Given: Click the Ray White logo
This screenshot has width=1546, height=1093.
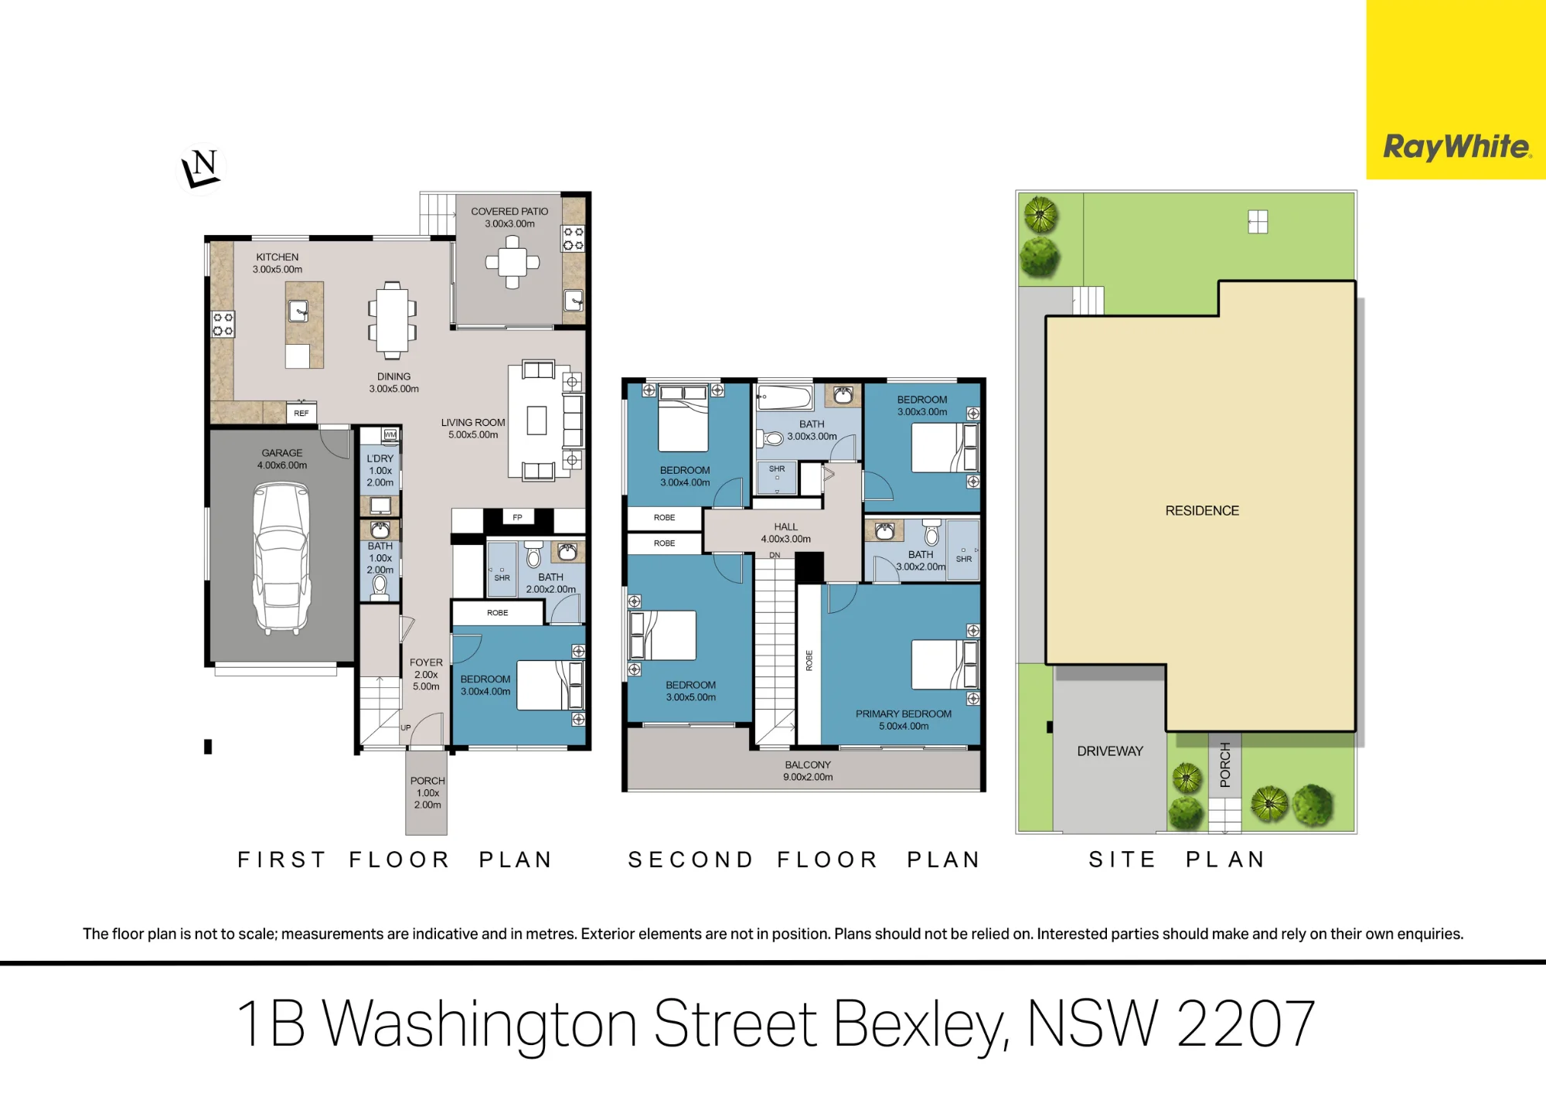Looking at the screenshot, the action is tap(1456, 146).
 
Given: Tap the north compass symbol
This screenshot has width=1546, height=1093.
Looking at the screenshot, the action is tap(201, 169).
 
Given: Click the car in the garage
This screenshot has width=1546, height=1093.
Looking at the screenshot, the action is tap(281, 558).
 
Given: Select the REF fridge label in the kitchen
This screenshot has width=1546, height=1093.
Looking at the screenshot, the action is tap(301, 413).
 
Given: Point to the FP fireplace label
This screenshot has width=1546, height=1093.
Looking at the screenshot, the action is tap(518, 517).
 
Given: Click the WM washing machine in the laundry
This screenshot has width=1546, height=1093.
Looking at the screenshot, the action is tap(390, 434).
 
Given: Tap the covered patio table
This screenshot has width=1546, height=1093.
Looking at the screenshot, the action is tap(512, 261).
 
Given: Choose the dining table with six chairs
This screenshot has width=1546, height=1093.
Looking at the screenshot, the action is tap(392, 320).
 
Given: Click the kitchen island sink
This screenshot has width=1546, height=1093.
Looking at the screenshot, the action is tap(298, 311).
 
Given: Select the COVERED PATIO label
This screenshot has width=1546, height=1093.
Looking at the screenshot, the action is tap(509, 211).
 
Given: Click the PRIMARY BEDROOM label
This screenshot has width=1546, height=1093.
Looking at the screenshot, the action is tap(904, 713).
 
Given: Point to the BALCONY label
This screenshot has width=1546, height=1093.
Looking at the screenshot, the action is tap(808, 764).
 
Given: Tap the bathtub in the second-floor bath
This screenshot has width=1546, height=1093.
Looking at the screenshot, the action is tap(785, 397).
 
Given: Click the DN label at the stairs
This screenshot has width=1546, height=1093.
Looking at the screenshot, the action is tap(775, 555).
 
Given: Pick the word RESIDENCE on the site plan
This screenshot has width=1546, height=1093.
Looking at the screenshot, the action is tap(1202, 510).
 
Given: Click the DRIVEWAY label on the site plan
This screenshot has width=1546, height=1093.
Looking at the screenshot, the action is tap(1110, 751).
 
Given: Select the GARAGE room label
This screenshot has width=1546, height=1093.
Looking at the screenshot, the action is tap(282, 453).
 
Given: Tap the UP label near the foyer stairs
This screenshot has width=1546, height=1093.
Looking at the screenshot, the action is tap(406, 727).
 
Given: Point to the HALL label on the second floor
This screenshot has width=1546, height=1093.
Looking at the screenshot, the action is tap(785, 526).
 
